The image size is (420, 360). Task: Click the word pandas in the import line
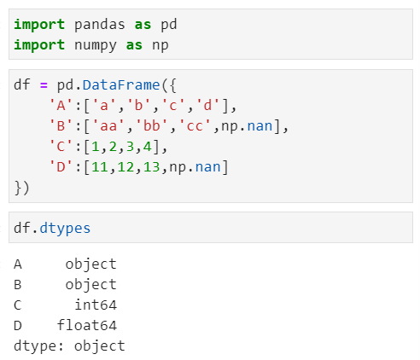click(x=99, y=25)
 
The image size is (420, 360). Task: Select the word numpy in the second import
click(x=96, y=46)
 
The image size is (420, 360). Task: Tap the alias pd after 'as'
click(x=169, y=25)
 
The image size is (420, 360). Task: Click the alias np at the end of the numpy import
click(x=160, y=46)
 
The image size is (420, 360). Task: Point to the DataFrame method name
click(x=121, y=85)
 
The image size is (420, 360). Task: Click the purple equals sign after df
click(x=44, y=85)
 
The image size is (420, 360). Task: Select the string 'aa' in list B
click(x=108, y=125)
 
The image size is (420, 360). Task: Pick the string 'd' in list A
click(x=207, y=105)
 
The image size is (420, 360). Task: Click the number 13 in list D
click(x=152, y=167)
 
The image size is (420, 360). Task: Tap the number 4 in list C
click(x=148, y=147)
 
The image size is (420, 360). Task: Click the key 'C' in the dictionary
click(x=61, y=147)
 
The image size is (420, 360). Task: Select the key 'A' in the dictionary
click(x=61, y=105)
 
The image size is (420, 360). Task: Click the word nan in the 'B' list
click(x=260, y=126)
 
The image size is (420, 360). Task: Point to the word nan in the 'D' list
click(x=207, y=167)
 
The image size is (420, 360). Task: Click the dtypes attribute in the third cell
click(x=65, y=229)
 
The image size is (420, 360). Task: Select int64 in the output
click(x=96, y=305)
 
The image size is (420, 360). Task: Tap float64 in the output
click(x=87, y=325)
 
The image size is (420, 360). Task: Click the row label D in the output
click(x=18, y=326)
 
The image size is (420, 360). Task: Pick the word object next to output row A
click(x=90, y=264)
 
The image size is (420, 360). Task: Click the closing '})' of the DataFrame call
click(x=21, y=188)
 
